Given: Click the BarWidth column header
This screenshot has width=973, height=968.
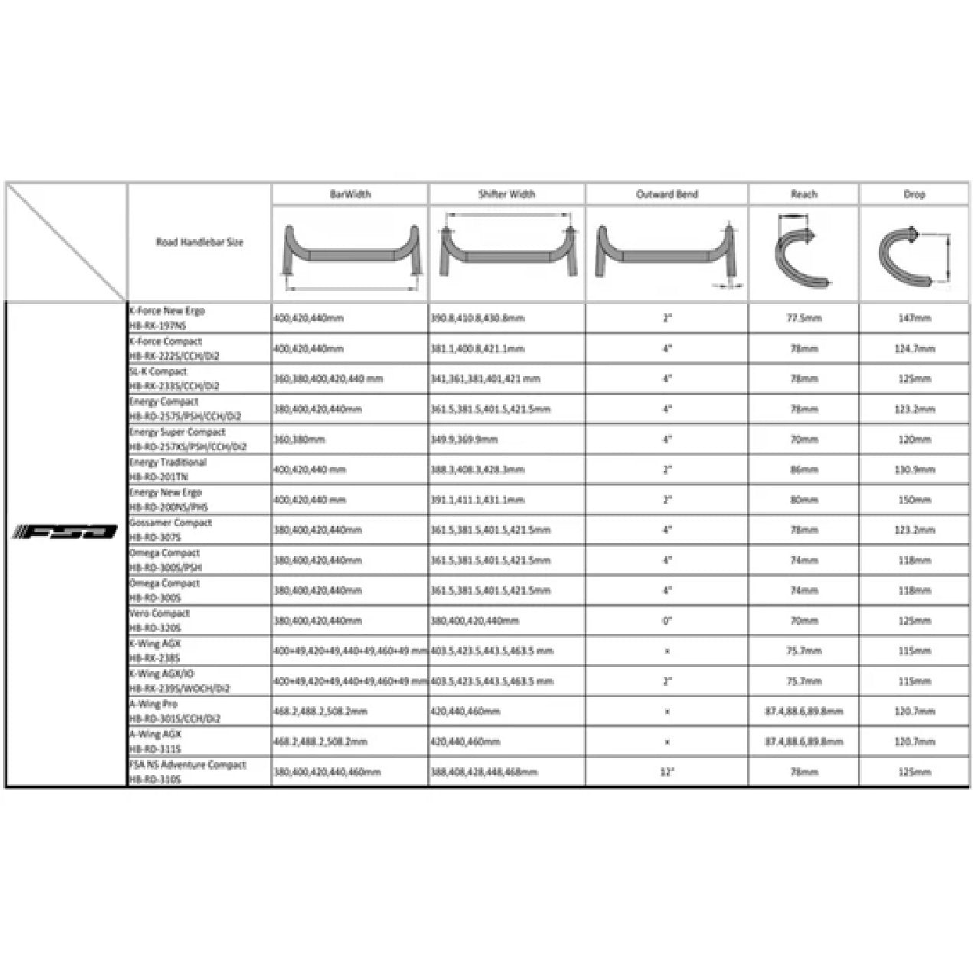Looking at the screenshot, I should pos(350,195).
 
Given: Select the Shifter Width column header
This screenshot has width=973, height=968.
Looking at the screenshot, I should pos(506,195).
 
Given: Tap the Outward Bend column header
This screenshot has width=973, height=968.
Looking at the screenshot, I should pos(667,195).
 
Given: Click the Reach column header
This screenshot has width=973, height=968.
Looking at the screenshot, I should pos(803,195).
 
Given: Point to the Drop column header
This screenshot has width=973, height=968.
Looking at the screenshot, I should pos(914,195).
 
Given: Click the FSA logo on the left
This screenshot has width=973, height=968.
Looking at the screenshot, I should pos(66,531).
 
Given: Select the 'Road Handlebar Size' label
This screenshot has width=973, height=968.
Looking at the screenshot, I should pos(199,242).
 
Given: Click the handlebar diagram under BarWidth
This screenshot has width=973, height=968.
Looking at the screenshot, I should pos(351,255).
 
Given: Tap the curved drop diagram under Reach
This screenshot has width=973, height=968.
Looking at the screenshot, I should pos(803,255).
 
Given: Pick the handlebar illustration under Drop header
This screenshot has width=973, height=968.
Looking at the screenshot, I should pos(914,255).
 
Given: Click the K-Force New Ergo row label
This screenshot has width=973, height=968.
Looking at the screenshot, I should pos(167,318).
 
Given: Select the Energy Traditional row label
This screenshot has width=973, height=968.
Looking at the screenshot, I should pos(168,469).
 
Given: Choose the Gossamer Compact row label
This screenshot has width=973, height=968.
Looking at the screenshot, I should pos(170,529).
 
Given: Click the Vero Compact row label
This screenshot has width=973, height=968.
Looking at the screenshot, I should pos(159,620).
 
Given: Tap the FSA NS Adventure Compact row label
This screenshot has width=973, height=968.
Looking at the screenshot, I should pos(188,771).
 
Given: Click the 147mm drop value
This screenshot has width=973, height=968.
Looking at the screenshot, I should pos(914,318).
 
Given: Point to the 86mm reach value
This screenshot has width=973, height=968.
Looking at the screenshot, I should pos(803,469).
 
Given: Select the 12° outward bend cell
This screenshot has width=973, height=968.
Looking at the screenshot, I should pos(667,772).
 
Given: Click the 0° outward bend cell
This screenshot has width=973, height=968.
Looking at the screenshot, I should pos(667,620).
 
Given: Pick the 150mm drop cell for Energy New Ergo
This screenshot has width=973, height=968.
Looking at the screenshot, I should pos(914,499).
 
